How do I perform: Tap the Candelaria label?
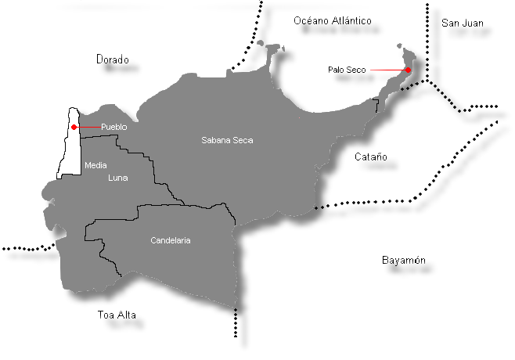(x=171, y=240)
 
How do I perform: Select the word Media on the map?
(x=95, y=165)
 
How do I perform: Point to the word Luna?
(x=117, y=178)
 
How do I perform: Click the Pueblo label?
(x=114, y=127)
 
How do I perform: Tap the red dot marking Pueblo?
(x=74, y=127)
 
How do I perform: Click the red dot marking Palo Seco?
(x=408, y=70)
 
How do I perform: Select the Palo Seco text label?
(x=347, y=70)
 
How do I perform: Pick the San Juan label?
(x=462, y=23)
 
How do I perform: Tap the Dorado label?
(x=112, y=59)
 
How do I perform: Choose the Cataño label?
(x=371, y=157)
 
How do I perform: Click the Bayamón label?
(x=404, y=260)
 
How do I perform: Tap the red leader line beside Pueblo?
(x=88, y=127)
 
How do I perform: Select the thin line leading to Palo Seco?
(x=387, y=70)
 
